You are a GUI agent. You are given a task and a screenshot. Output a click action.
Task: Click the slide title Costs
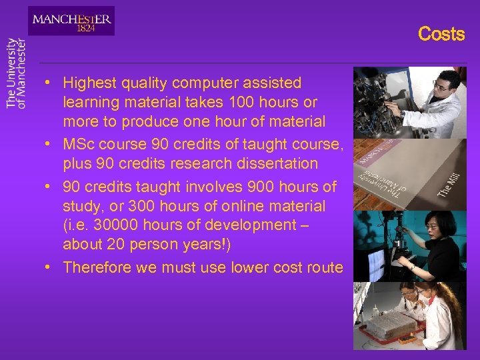click(441, 34)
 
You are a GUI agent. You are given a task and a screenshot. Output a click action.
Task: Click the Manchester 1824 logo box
click(71, 21)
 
